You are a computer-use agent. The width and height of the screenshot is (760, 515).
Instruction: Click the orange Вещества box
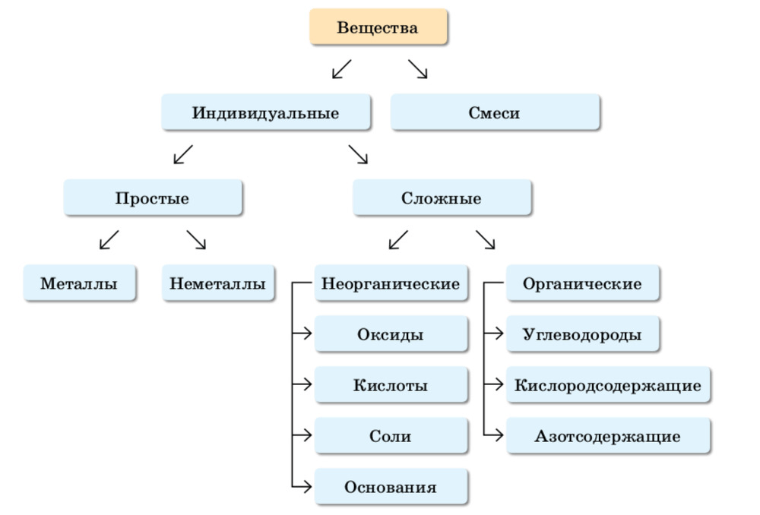(378, 27)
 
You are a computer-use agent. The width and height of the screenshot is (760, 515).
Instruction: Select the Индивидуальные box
(266, 112)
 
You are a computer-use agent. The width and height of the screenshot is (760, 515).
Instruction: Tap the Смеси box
(495, 112)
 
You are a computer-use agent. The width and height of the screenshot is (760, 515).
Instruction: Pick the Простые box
(153, 198)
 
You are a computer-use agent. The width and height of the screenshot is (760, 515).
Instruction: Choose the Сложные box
(442, 198)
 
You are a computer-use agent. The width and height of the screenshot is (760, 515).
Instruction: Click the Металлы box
(80, 283)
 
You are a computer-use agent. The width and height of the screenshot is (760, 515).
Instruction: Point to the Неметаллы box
(218, 283)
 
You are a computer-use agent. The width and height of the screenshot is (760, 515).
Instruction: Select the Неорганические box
(391, 283)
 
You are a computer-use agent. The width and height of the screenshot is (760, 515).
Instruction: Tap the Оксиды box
(391, 334)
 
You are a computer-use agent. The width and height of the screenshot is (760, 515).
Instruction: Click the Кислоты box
(391, 385)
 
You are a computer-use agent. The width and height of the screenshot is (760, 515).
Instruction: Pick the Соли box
(391, 436)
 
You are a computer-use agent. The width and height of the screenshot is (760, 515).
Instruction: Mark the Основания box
(391, 487)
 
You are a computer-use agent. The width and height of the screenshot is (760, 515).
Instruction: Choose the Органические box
(582, 283)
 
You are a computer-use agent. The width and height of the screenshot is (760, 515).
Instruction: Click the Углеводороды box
(582, 334)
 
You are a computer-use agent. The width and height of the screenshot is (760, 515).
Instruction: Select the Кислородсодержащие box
(608, 385)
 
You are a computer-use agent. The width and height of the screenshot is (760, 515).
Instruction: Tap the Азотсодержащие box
(608, 436)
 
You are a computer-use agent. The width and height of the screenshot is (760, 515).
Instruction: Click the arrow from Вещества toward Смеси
(418, 69)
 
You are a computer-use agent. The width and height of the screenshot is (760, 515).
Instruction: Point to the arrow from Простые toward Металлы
(109, 240)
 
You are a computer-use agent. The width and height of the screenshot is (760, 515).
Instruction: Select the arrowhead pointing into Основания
(306, 487)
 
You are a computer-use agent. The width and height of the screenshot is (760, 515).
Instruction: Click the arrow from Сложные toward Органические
(486, 240)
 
